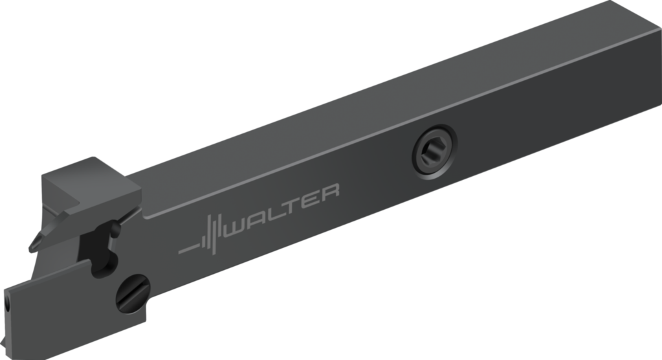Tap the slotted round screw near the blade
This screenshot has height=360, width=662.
133,294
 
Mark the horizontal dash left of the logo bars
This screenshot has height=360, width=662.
189,249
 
